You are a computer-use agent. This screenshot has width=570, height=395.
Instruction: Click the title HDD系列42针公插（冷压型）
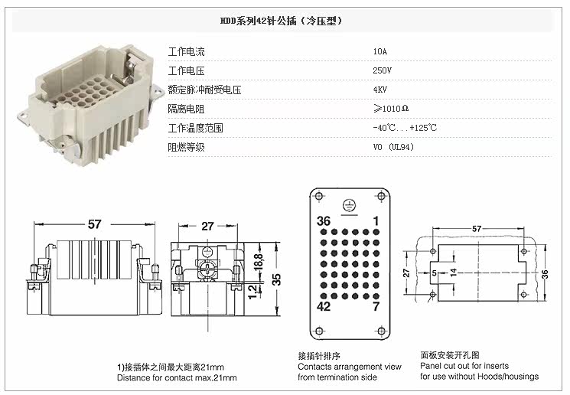pos(284,21)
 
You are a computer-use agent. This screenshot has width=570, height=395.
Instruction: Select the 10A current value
pos(380,52)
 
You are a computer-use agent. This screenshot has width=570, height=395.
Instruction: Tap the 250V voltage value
pos(383,70)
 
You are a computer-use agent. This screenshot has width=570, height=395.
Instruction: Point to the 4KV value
pos(380,90)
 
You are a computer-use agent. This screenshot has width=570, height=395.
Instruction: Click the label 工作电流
pos(187,52)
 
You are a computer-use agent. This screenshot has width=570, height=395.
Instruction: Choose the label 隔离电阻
pos(187,109)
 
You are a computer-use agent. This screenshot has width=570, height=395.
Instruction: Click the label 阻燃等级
pos(187,147)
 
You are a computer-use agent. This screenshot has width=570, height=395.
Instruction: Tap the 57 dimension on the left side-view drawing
pos(94,225)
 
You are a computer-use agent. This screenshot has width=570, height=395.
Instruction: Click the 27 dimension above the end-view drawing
pos(208,226)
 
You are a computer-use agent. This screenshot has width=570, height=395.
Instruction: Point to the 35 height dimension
pos(278,279)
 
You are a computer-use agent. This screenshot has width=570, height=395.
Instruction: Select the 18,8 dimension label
pos(258,260)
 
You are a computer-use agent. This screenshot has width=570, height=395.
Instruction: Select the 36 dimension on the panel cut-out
pos(546,274)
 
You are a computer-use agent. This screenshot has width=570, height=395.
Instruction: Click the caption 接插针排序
pos(318,356)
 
